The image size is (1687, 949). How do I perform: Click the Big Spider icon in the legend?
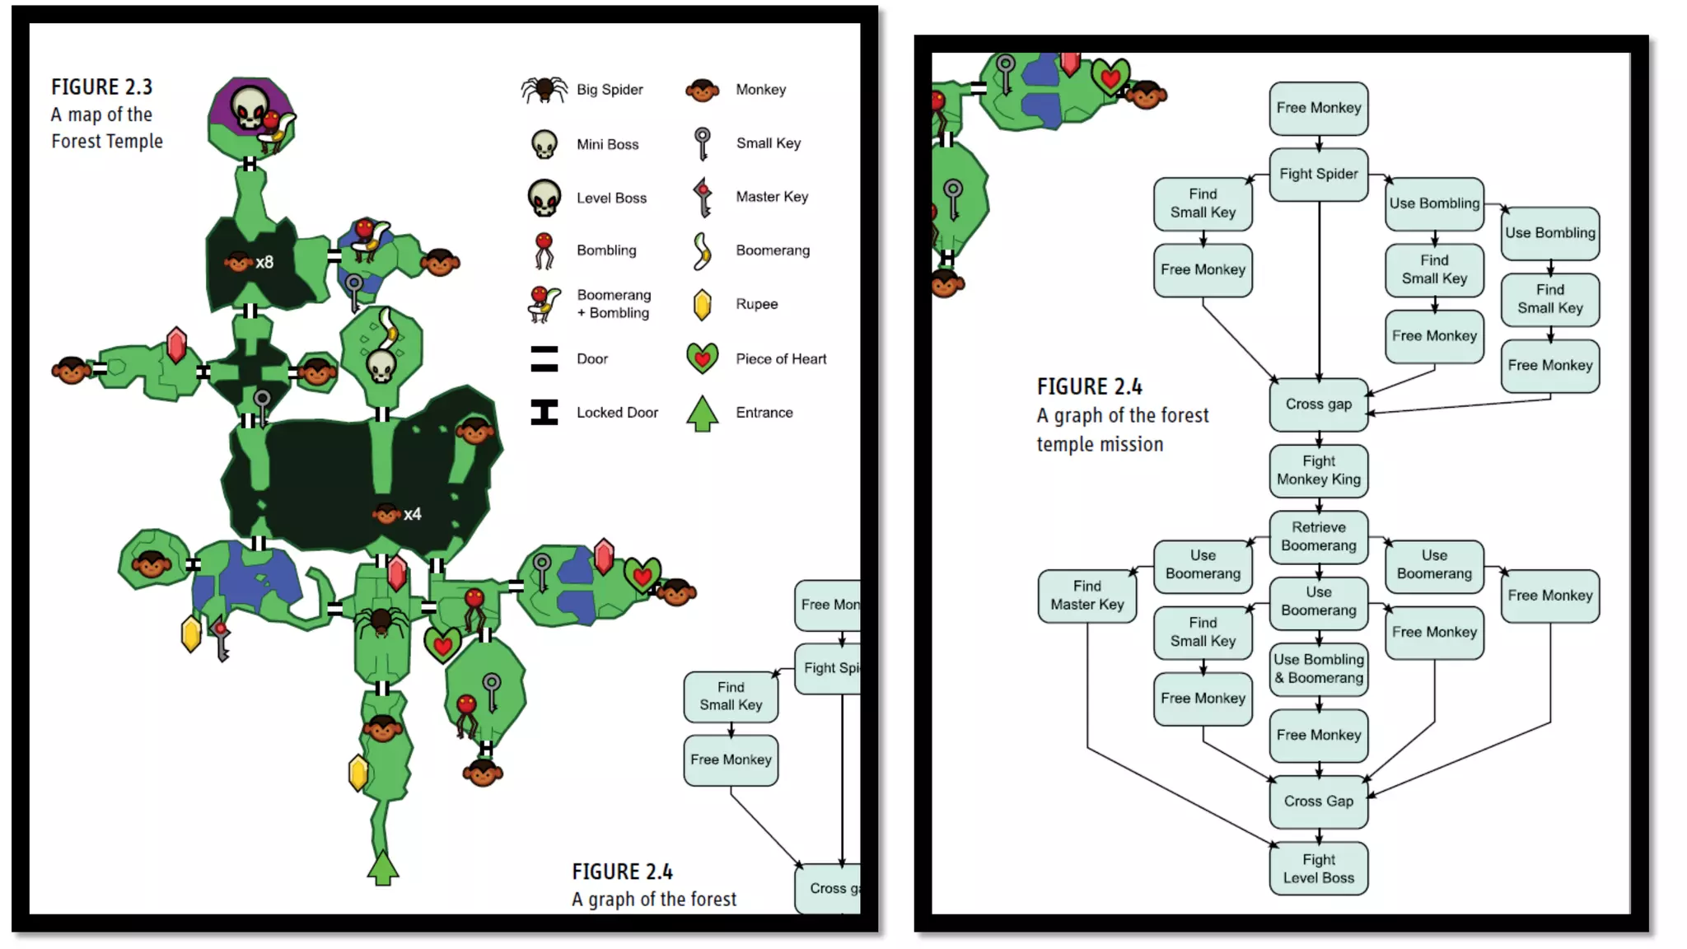coord(544,89)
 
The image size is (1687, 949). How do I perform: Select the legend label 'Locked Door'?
coord(617,412)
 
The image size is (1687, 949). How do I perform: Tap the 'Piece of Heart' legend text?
coord(780,358)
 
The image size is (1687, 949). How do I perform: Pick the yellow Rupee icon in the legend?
coord(702,304)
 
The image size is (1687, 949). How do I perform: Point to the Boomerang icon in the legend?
coord(701,250)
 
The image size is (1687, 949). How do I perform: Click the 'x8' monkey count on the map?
coord(264,262)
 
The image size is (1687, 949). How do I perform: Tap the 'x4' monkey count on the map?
coord(412,514)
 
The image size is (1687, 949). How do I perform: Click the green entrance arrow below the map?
coord(382,867)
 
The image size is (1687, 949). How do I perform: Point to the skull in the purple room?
coord(249,108)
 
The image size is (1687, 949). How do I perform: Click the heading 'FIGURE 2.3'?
coord(101,86)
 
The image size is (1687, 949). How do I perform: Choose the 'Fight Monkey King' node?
coord(1318,470)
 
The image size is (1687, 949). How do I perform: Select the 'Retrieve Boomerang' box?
coord(1318,536)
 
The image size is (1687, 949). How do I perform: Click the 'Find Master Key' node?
coord(1087,595)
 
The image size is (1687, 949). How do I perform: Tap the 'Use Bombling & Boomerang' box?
coord(1318,668)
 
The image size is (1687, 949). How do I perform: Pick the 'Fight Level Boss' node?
coord(1318,868)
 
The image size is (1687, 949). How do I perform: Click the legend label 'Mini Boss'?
coord(607,144)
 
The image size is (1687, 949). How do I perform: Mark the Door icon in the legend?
coord(544,358)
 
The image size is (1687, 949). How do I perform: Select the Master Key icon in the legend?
coord(702,197)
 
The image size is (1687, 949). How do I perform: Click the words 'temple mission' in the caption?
coord(1100,444)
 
